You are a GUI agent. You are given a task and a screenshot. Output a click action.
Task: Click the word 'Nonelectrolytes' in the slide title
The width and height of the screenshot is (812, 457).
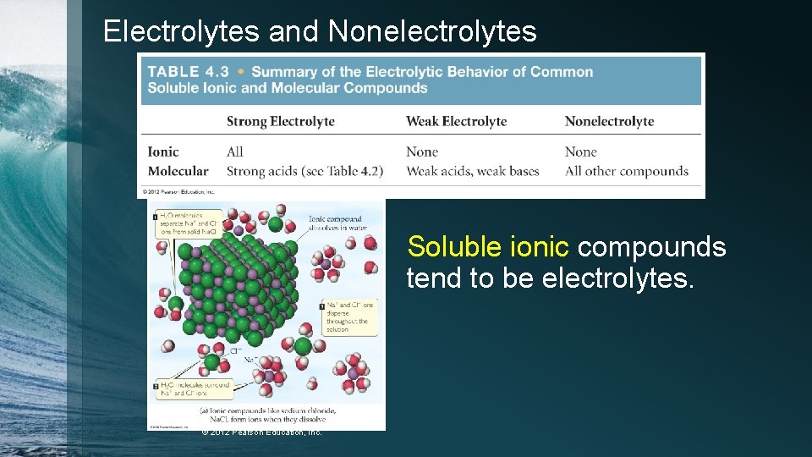pos(432,32)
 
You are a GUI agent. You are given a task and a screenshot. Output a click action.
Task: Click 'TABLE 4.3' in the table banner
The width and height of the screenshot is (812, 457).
pos(188,73)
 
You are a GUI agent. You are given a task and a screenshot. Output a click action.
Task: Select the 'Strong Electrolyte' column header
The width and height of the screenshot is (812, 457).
pos(280,121)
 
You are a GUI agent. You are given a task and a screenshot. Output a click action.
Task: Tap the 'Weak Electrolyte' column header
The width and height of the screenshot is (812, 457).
pos(456,121)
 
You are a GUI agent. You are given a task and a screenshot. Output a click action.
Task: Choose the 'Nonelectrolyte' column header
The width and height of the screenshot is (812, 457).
pos(609,121)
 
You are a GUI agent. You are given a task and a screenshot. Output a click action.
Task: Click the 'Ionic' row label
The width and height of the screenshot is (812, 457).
pos(163,152)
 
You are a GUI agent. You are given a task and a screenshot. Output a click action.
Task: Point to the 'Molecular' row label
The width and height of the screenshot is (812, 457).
pos(178,171)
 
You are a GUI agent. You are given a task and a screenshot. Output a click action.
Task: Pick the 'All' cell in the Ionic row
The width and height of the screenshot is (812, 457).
pos(234,152)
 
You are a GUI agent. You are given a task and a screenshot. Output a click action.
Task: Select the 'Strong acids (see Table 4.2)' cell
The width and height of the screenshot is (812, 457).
pos(304,171)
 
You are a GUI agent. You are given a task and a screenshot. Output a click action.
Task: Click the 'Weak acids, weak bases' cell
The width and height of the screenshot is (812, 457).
pos(472,171)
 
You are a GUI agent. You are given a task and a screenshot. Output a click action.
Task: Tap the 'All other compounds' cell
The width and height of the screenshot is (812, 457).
pos(626,171)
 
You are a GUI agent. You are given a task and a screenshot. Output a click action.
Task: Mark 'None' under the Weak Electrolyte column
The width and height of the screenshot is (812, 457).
pos(421,152)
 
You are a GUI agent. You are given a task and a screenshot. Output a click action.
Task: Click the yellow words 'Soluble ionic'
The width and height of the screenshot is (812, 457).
pos(487,247)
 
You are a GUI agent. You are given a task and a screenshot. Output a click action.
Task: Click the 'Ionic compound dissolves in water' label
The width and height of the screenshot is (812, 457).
pos(338,223)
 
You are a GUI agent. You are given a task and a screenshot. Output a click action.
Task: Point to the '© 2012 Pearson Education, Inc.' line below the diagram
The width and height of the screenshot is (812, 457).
pos(262,432)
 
